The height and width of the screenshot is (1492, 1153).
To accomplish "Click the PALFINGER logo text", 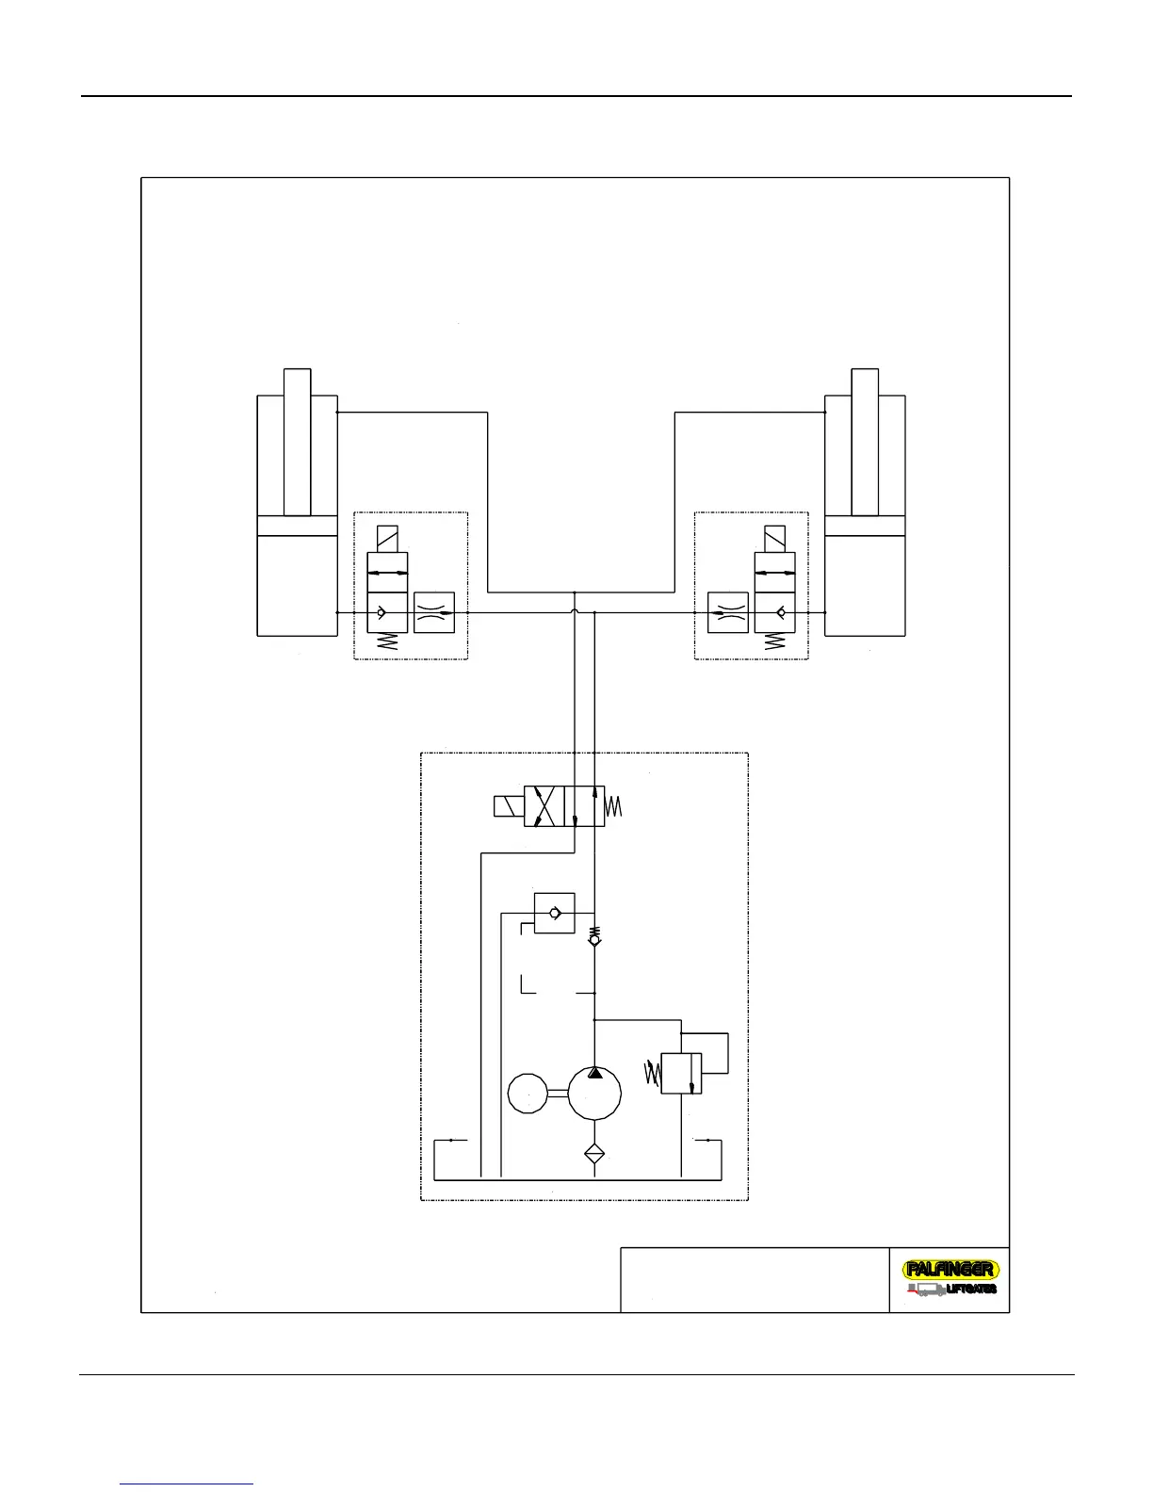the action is click(x=950, y=1270).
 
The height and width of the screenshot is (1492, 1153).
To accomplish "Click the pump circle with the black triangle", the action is click(x=593, y=1093).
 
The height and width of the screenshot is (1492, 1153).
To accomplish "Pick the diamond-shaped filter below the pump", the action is click(x=593, y=1153).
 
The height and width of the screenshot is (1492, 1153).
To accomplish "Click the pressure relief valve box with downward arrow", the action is click(x=682, y=1074).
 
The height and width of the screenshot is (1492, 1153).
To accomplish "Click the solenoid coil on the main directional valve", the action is click(x=509, y=807).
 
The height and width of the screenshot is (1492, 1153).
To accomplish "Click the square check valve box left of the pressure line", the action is click(x=554, y=913).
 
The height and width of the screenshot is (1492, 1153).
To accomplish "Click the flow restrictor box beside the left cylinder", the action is click(x=434, y=612).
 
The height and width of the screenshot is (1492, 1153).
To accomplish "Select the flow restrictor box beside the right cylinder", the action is click(x=727, y=612).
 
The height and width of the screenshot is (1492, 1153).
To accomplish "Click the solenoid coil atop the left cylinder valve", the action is click(x=387, y=541).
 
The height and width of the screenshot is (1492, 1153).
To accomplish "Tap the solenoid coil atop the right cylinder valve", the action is click(x=775, y=541).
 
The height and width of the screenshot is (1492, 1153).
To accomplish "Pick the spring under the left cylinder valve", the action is click(x=387, y=643).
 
